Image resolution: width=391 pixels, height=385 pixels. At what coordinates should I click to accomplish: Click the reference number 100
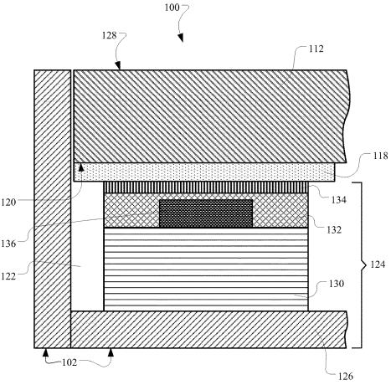tap(172, 8)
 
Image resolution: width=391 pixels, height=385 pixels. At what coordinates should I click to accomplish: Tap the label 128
tap(110, 36)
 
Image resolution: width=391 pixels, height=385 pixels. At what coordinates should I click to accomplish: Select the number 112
tap(316, 49)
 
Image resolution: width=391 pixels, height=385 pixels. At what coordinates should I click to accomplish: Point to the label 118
tap(380, 156)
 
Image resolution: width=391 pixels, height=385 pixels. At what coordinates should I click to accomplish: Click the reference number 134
tap(339, 200)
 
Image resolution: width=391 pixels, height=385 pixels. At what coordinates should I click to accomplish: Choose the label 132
tap(334, 230)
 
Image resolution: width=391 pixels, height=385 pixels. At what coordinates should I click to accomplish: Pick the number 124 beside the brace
tap(378, 264)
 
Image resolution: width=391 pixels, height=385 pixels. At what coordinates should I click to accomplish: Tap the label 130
tap(337, 284)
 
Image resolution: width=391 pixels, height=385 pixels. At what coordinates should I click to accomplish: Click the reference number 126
tap(346, 377)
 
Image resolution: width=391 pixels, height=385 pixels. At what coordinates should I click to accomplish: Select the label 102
tap(69, 362)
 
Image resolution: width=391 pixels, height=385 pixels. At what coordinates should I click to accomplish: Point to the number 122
tap(8, 276)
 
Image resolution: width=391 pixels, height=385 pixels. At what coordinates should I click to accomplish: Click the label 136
tap(8, 244)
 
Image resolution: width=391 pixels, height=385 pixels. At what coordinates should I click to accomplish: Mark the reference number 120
tap(8, 202)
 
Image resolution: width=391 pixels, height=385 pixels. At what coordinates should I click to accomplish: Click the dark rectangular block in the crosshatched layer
tap(206, 213)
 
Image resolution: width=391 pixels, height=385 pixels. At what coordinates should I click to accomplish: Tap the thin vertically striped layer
tap(206, 187)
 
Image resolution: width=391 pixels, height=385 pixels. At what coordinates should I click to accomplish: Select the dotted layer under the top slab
tap(204, 172)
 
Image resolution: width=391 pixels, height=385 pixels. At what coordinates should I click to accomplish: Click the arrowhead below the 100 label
tap(181, 38)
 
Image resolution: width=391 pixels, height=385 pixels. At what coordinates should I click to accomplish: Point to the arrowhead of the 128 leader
tap(118, 65)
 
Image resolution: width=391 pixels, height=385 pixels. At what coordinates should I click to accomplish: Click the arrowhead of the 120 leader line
tap(81, 167)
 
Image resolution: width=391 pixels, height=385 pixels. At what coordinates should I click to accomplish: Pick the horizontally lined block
tap(206, 269)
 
